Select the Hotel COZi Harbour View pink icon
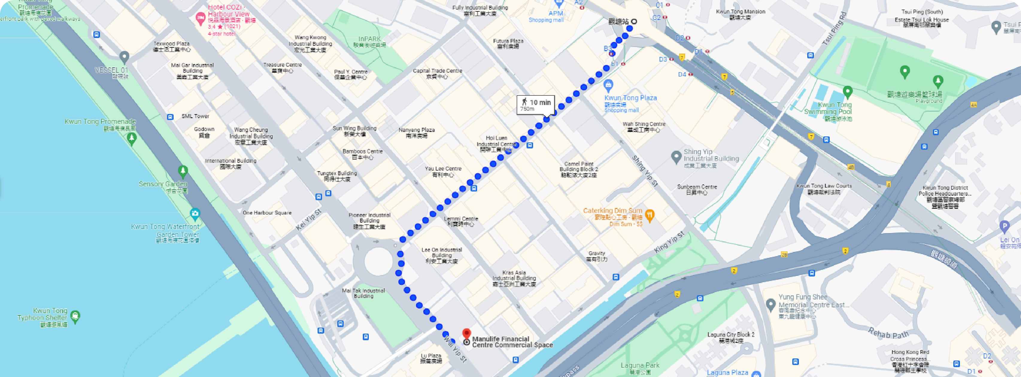click(x=201, y=18)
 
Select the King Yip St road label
click(x=669, y=242)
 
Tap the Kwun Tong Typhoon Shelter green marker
click(x=75, y=316)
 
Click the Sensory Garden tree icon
click(x=183, y=171)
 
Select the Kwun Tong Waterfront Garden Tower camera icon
click(x=195, y=214)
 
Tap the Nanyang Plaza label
click(x=417, y=133)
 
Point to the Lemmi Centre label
click(x=461, y=221)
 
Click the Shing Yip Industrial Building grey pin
click(x=676, y=157)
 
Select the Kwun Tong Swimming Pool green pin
click(x=847, y=92)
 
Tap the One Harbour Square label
click(x=267, y=213)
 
